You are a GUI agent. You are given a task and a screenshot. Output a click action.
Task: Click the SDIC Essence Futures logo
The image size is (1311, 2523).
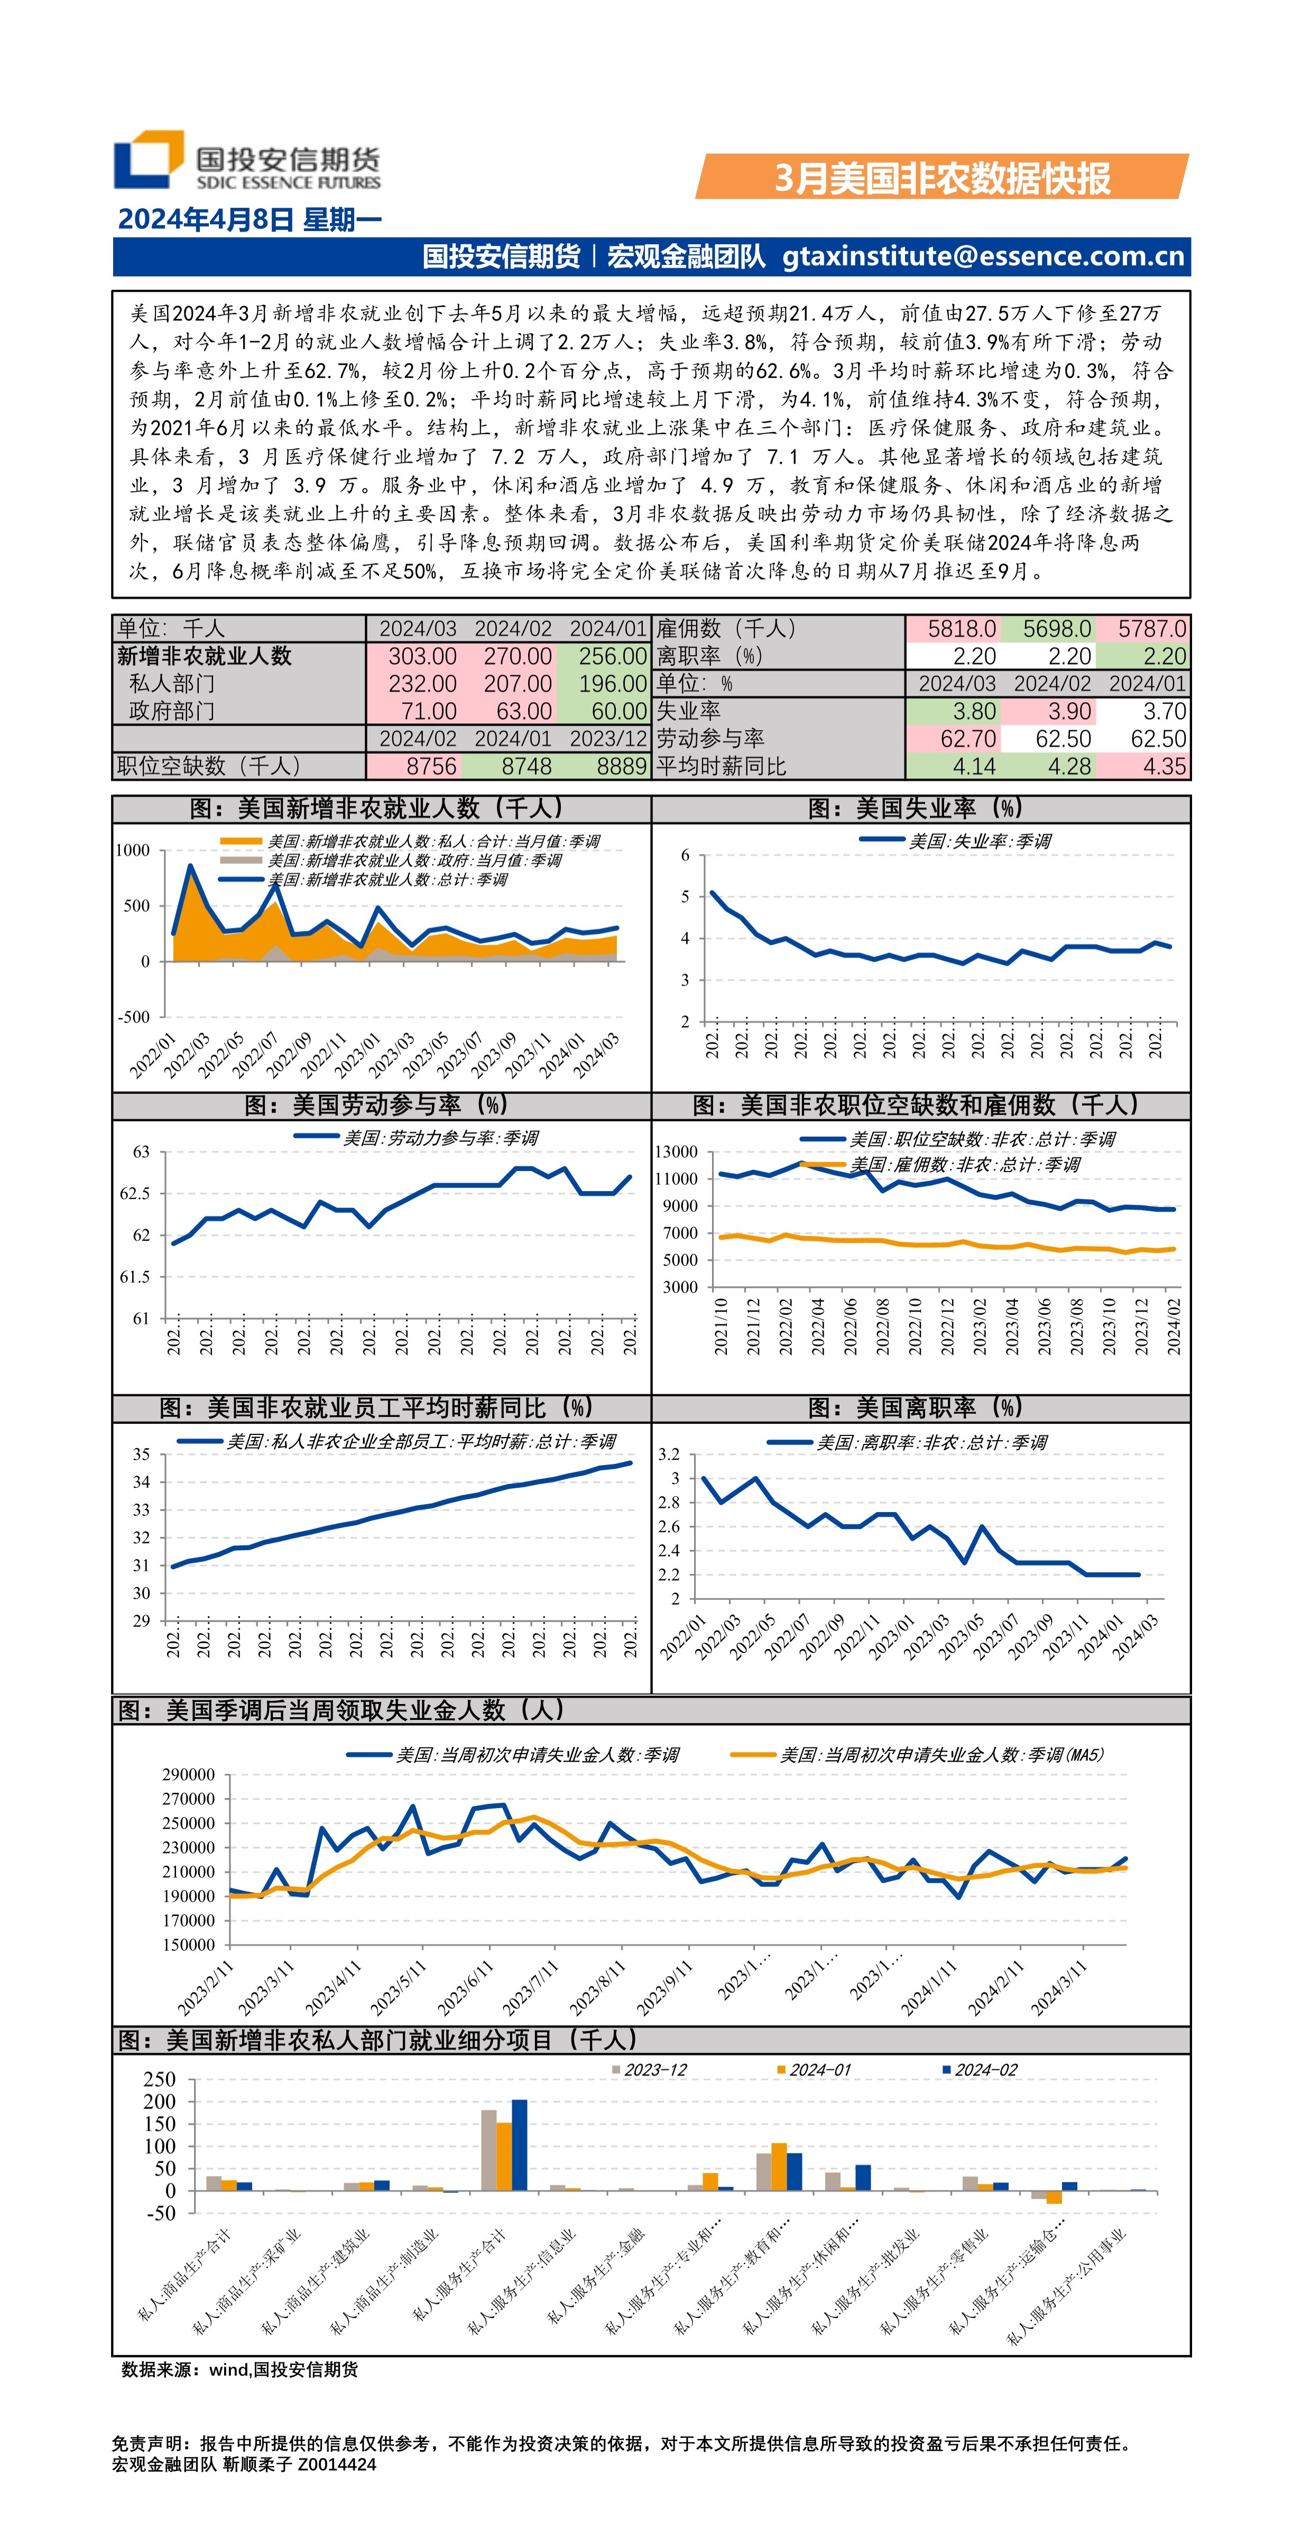coord(247,160)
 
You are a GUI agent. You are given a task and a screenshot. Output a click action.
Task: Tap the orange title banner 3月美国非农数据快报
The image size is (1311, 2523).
coord(942,178)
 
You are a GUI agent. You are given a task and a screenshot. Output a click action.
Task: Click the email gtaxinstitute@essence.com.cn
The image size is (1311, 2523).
coord(983,256)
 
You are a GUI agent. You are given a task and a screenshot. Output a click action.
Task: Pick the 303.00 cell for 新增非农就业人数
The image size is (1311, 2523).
coord(422,656)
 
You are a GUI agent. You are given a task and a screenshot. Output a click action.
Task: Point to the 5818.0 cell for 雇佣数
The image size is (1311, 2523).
coord(962,629)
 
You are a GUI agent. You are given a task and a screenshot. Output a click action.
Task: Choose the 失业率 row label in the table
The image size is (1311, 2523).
coord(688,711)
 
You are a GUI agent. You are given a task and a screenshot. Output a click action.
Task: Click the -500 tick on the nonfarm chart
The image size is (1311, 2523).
coord(134,1017)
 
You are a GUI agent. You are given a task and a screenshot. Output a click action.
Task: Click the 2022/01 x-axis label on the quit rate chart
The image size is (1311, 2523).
coord(684,1637)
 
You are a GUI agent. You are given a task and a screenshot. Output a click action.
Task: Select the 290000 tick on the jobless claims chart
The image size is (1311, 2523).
coord(188,1775)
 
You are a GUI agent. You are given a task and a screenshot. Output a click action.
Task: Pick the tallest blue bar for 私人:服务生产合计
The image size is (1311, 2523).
coord(519,2145)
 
